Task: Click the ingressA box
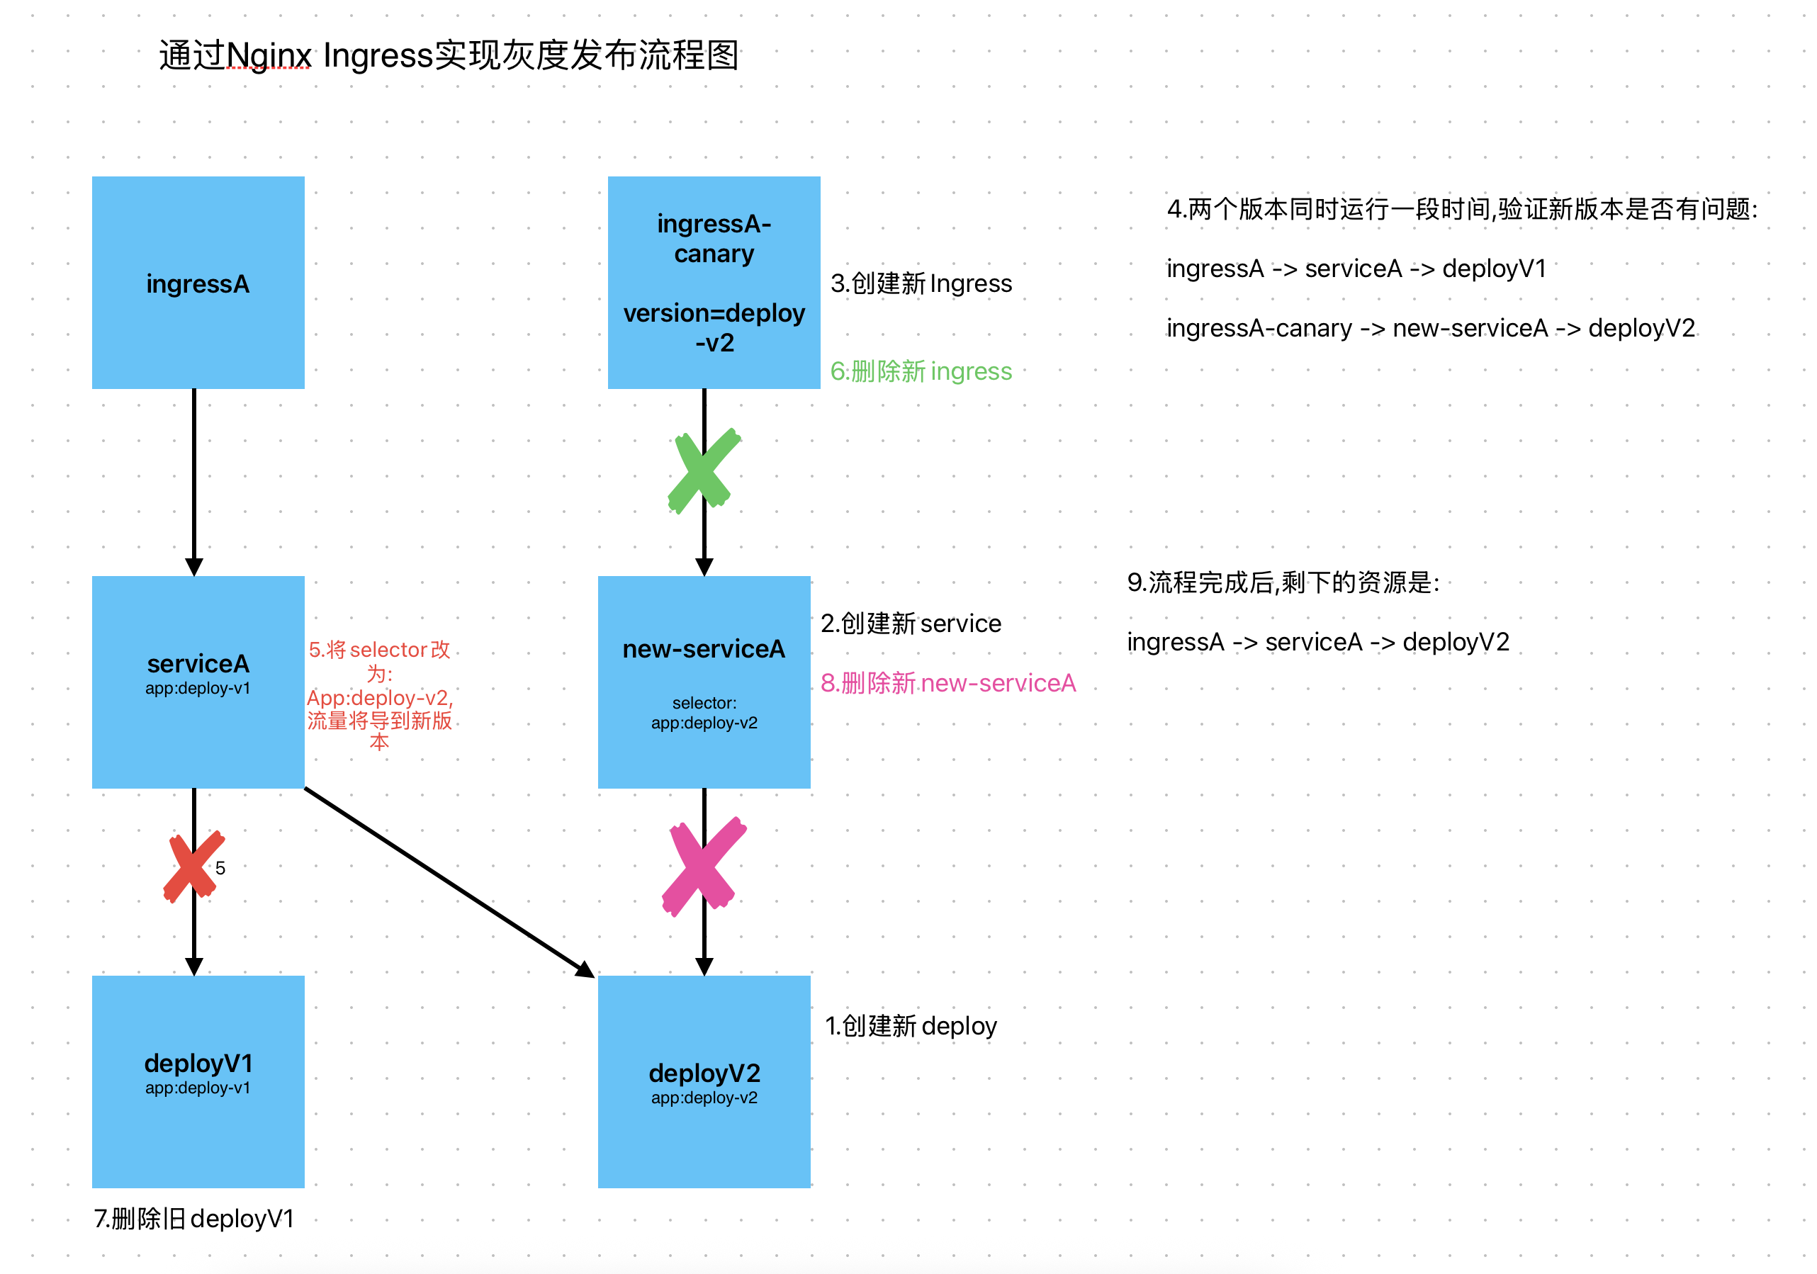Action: (x=198, y=283)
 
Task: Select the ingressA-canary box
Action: (x=714, y=283)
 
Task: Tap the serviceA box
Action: (x=198, y=682)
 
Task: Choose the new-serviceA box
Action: (x=704, y=682)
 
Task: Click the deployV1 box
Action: (x=198, y=1081)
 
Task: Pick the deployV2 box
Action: (x=704, y=1081)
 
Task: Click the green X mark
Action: (x=703, y=470)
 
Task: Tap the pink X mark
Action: (x=703, y=866)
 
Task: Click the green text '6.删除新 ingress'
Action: (x=921, y=371)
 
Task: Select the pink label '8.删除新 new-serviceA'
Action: (x=947, y=683)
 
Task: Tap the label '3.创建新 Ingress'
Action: (x=921, y=283)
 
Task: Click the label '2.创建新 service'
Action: (x=910, y=624)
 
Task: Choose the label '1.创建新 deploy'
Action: (x=910, y=1025)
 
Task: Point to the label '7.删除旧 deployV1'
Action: (x=194, y=1219)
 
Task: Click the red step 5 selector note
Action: (x=379, y=696)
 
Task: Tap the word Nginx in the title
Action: (x=269, y=55)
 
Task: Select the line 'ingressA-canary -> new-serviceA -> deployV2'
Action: (x=1430, y=327)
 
